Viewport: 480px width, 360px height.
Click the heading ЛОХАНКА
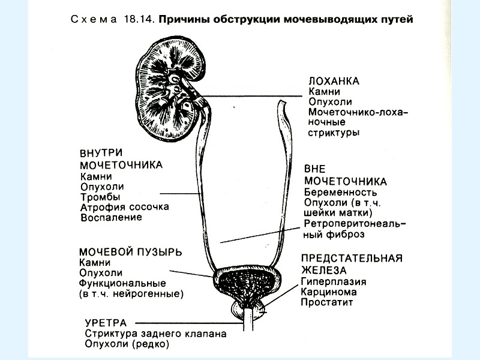(333, 80)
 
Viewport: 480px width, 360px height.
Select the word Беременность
(341, 193)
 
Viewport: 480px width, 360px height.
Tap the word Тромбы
(100, 197)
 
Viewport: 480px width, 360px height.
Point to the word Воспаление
(111, 217)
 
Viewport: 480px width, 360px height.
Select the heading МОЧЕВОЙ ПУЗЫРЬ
(130, 251)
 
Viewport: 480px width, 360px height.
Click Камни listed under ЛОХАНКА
(324, 91)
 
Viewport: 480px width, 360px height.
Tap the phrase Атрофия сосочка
(124, 207)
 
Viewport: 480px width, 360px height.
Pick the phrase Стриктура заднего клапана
(155, 334)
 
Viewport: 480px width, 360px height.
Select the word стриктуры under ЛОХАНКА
(334, 133)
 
